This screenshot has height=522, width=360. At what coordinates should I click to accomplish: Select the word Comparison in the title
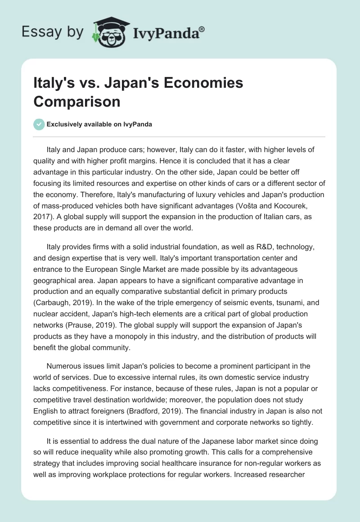click(77, 101)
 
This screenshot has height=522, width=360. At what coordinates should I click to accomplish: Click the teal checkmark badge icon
click(39, 124)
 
